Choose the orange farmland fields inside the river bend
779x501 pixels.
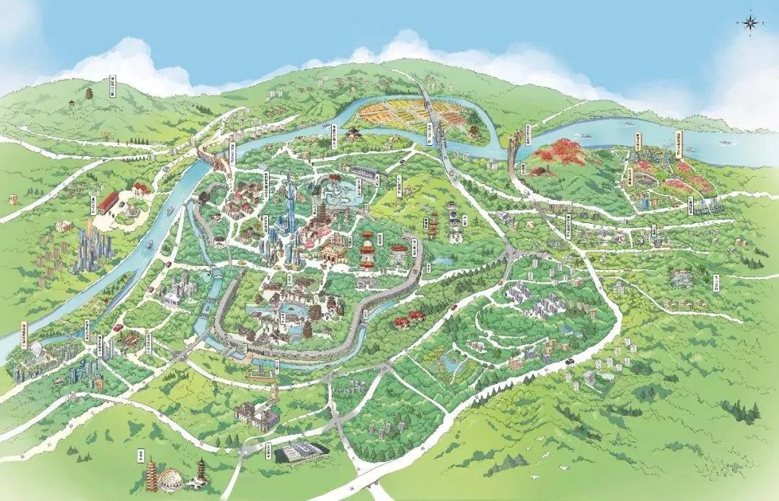[x=393, y=114]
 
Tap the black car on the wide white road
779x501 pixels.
[x=569, y=361]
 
